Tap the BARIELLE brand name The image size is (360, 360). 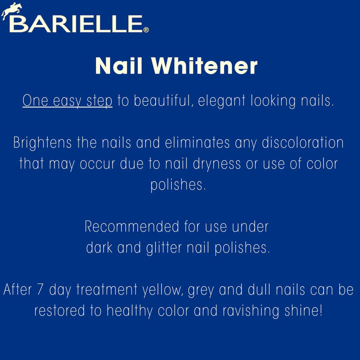click(x=75, y=23)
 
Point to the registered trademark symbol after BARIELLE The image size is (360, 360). click(x=146, y=30)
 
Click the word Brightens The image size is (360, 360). click(x=41, y=143)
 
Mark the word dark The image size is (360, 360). click(x=99, y=247)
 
